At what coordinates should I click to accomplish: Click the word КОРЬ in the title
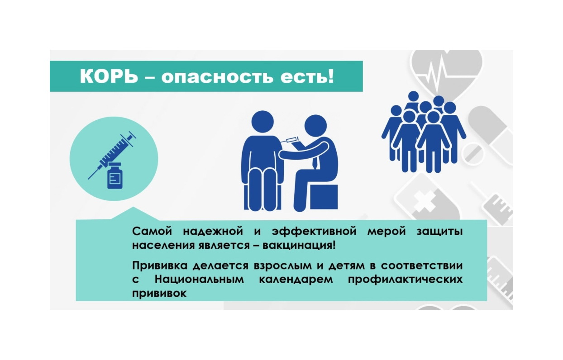(109, 76)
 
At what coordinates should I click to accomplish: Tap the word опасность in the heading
(217, 77)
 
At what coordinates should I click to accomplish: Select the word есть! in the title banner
(307, 76)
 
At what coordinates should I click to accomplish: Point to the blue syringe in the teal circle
(112, 155)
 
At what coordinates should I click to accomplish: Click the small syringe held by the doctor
(290, 140)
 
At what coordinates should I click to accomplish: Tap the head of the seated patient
(262, 122)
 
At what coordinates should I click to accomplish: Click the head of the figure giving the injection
(315, 126)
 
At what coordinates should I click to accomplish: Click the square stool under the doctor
(324, 197)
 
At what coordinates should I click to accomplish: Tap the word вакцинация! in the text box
(299, 246)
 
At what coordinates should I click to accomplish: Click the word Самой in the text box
(152, 232)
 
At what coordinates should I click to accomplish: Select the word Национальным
(199, 279)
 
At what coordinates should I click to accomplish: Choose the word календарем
(296, 279)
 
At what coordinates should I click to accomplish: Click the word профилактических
(405, 279)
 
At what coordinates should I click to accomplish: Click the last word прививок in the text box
(159, 294)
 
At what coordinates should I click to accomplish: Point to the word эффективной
(314, 232)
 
